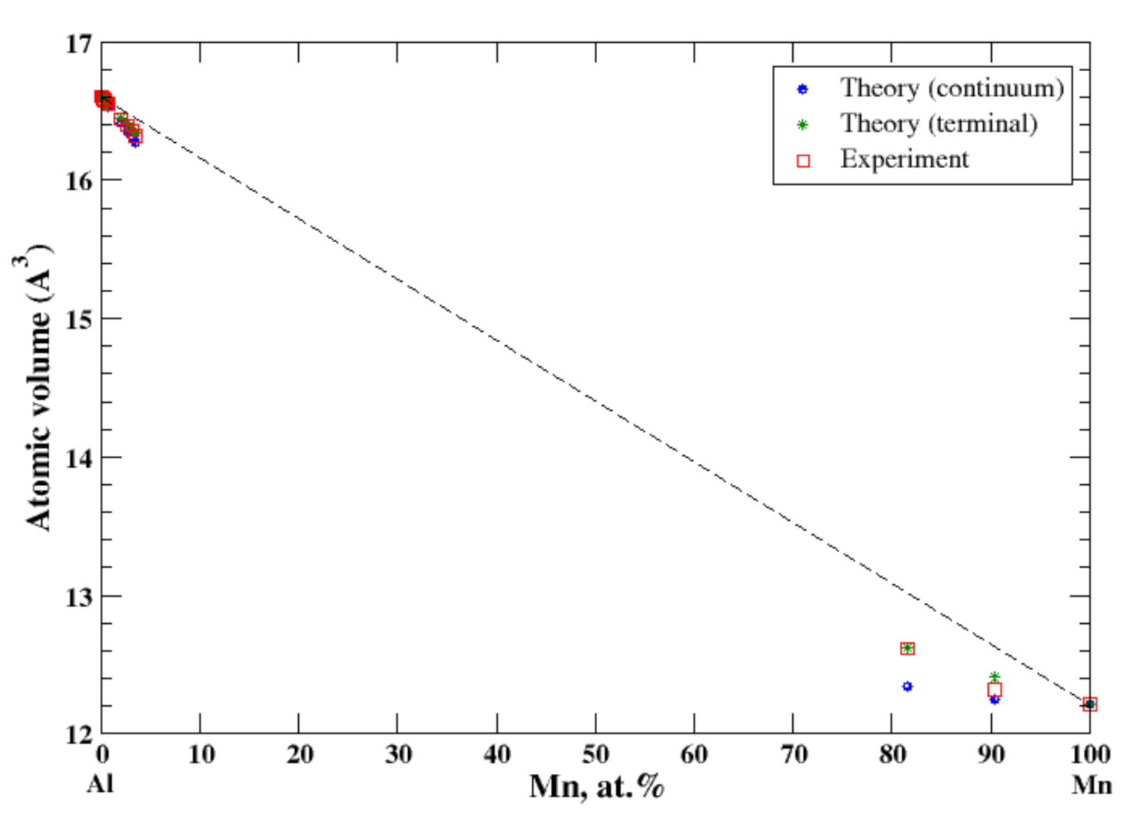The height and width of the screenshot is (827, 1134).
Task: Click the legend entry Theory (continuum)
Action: pyautogui.click(x=951, y=88)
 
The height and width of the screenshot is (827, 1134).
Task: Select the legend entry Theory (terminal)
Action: pyautogui.click(x=938, y=123)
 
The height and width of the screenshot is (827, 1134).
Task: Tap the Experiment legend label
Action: pyautogui.click(x=904, y=159)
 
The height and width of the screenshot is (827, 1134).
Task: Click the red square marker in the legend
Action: pyautogui.click(x=802, y=161)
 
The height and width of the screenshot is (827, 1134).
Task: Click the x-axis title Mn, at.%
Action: pyautogui.click(x=596, y=786)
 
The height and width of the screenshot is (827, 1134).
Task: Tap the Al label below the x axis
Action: pyautogui.click(x=100, y=783)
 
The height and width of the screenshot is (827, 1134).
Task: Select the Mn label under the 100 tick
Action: pyautogui.click(x=1090, y=783)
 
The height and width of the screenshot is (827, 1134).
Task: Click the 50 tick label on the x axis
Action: pyautogui.click(x=595, y=754)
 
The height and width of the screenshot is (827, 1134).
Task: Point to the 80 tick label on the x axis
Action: pyautogui.click(x=892, y=754)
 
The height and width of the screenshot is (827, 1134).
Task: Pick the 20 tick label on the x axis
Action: pyautogui.click(x=299, y=754)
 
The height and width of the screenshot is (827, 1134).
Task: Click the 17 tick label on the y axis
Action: pyautogui.click(x=77, y=44)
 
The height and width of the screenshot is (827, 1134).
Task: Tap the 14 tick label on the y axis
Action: pyautogui.click(x=77, y=458)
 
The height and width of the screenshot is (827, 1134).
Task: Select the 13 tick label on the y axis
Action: pyautogui.click(x=77, y=597)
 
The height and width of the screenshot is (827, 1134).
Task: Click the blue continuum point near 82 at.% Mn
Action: pyautogui.click(x=907, y=686)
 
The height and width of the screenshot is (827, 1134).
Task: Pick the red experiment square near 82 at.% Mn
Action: pyautogui.click(x=907, y=648)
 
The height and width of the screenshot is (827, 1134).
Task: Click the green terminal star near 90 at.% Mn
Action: pyautogui.click(x=994, y=676)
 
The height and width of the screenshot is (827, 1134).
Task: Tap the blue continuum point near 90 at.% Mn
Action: pyautogui.click(x=994, y=700)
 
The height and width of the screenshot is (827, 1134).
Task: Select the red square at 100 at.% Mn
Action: pyautogui.click(x=1090, y=704)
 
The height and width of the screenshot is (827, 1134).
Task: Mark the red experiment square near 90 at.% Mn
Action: pyautogui.click(x=994, y=690)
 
